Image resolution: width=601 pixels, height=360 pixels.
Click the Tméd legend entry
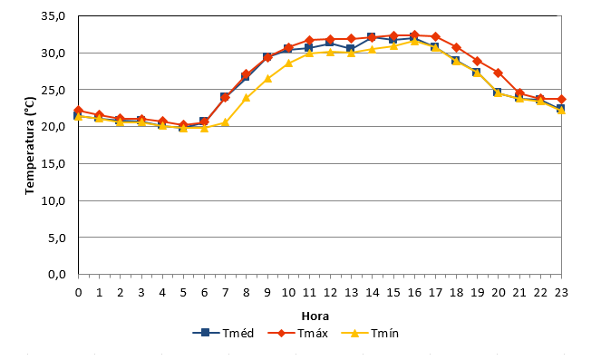pyautogui.click(x=223, y=333)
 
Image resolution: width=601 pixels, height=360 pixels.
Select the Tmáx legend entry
pyautogui.click(x=298, y=333)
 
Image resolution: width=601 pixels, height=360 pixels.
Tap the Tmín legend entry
pyautogui.click(x=370, y=333)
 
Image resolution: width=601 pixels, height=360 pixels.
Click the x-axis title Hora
pyautogui.click(x=315, y=316)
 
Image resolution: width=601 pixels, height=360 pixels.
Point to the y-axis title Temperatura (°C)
pyautogui.click(x=30, y=146)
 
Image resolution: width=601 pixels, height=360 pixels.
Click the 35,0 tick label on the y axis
pyautogui.click(x=53, y=16)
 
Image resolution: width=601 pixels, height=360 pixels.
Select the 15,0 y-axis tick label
pyautogui.click(x=53, y=164)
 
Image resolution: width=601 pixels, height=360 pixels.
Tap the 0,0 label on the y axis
pyautogui.click(x=57, y=275)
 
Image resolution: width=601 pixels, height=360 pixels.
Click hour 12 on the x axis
pyautogui.click(x=330, y=293)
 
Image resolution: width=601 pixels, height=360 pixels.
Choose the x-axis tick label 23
pyautogui.click(x=561, y=293)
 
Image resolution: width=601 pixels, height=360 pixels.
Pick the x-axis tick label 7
pyautogui.click(x=225, y=293)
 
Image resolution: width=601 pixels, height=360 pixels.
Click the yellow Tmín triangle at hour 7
pyautogui.click(x=225, y=122)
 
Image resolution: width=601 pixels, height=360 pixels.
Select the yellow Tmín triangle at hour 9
pyautogui.click(x=267, y=79)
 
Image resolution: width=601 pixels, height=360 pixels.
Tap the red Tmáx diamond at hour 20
pyautogui.click(x=498, y=73)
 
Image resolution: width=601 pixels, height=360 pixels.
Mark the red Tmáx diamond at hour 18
pyautogui.click(x=456, y=47)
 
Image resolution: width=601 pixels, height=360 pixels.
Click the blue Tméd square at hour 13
pyautogui.click(x=351, y=49)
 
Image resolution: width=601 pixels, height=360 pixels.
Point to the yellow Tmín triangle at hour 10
pyautogui.click(x=288, y=63)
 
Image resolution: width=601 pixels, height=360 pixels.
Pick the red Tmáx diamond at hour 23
pyautogui.click(x=561, y=100)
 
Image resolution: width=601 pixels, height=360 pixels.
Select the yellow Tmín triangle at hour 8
pyautogui.click(x=246, y=98)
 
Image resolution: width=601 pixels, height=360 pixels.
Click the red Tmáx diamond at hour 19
pyautogui.click(x=477, y=61)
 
